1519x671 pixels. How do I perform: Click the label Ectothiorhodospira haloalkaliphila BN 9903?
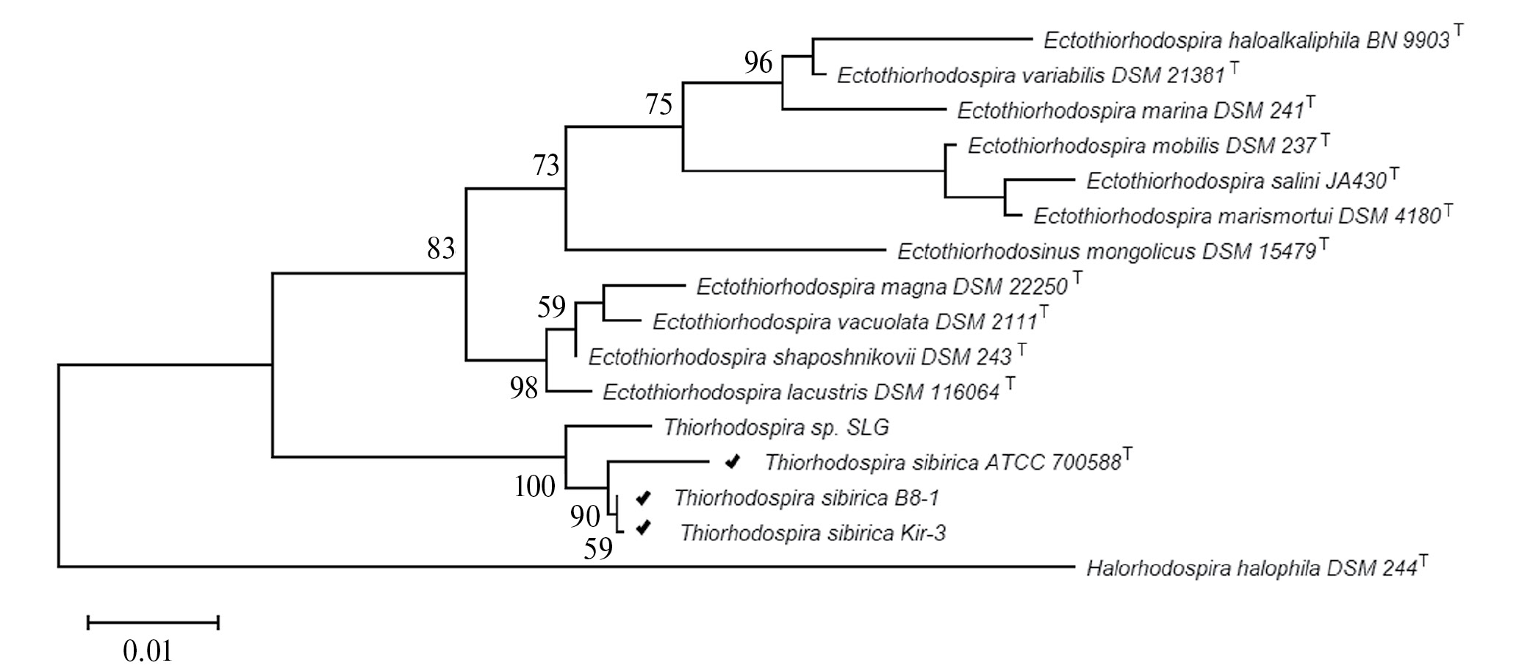[x=1246, y=40]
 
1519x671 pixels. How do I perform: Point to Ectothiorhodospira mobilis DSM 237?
[x=1141, y=146]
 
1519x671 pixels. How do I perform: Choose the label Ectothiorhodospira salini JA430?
[x=1236, y=181]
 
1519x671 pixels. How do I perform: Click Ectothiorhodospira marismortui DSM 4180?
[x=1236, y=216]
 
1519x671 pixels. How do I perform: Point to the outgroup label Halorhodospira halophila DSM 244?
[x=1251, y=568]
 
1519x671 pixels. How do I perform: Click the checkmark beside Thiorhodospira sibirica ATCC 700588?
[x=732, y=462]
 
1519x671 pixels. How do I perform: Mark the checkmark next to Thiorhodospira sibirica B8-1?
[x=643, y=498]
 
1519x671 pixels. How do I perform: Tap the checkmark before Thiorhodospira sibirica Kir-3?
[x=644, y=528]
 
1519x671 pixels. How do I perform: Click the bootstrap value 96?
[x=758, y=63]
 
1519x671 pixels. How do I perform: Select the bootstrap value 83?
[x=442, y=249]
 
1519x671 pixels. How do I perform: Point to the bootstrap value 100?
[x=535, y=486]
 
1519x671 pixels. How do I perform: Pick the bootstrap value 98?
[x=525, y=387]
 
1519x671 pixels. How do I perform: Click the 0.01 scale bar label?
[x=148, y=651]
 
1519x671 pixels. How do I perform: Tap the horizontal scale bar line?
[x=153, y=623]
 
